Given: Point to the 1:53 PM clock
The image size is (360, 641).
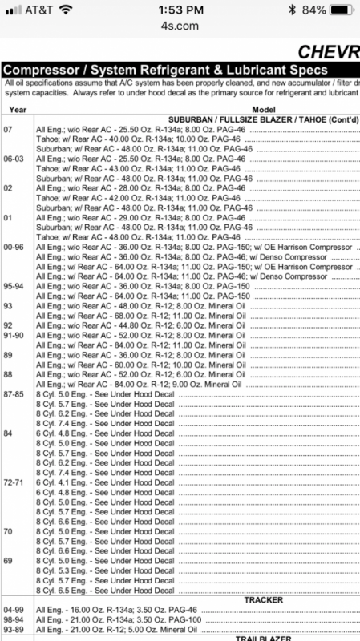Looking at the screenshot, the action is [x=180, y=10].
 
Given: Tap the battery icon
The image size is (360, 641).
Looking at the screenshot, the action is [x=341, y=10].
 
